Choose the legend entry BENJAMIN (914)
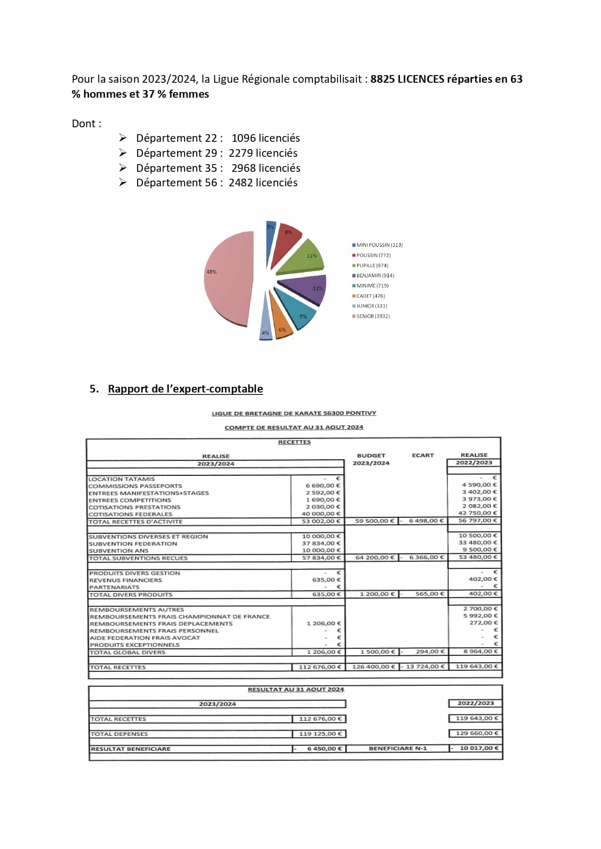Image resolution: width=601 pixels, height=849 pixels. click(x=375, y=275)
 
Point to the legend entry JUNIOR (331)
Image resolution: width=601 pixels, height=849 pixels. click(x=371, y=306)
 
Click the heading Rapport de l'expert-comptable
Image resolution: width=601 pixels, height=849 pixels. click(x=185, y=389)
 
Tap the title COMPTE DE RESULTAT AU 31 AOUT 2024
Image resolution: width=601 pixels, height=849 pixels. click(x=293, y=427)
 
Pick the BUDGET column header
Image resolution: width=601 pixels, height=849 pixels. click(x=371, y=455)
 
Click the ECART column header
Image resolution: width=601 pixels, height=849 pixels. click(x=423, y=455)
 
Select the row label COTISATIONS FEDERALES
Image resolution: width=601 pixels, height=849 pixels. click(x=130, y=514)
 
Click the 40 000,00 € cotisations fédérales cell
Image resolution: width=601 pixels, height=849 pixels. click(x=321, y=514)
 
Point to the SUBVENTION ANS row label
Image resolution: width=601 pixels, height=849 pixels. click(x=119, y=551)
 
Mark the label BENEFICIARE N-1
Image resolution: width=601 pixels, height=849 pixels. click(x=398, y=748)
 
